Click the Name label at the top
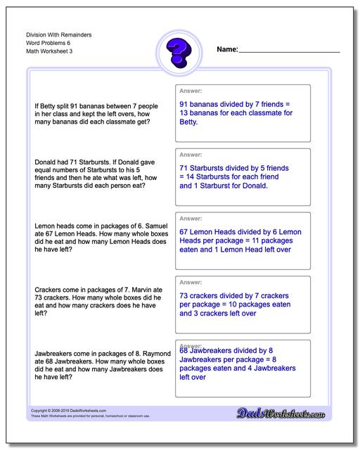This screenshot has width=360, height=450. coord(227,50)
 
